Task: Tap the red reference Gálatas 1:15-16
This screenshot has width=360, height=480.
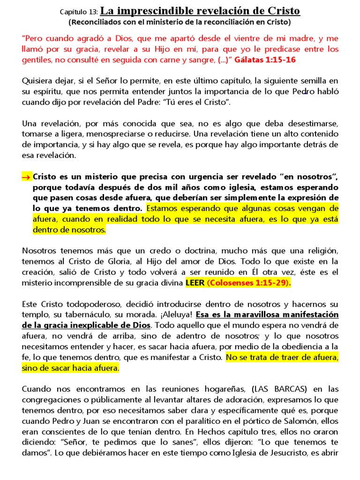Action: pos(265,60)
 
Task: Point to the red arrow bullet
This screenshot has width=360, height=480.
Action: pos(26,177)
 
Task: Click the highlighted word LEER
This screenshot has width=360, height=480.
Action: pos(195,283)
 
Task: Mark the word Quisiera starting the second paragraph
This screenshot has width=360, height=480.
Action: pos(38,81)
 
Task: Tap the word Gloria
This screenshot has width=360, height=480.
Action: pos(110,261)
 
